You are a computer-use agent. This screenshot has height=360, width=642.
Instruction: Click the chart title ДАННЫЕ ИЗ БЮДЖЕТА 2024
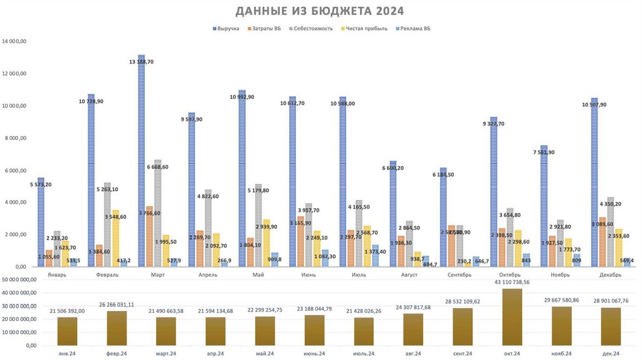point(320,11)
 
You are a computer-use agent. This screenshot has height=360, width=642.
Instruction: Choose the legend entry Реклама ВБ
point(418,28)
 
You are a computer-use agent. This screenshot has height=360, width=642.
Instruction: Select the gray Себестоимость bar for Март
point(159,213)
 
